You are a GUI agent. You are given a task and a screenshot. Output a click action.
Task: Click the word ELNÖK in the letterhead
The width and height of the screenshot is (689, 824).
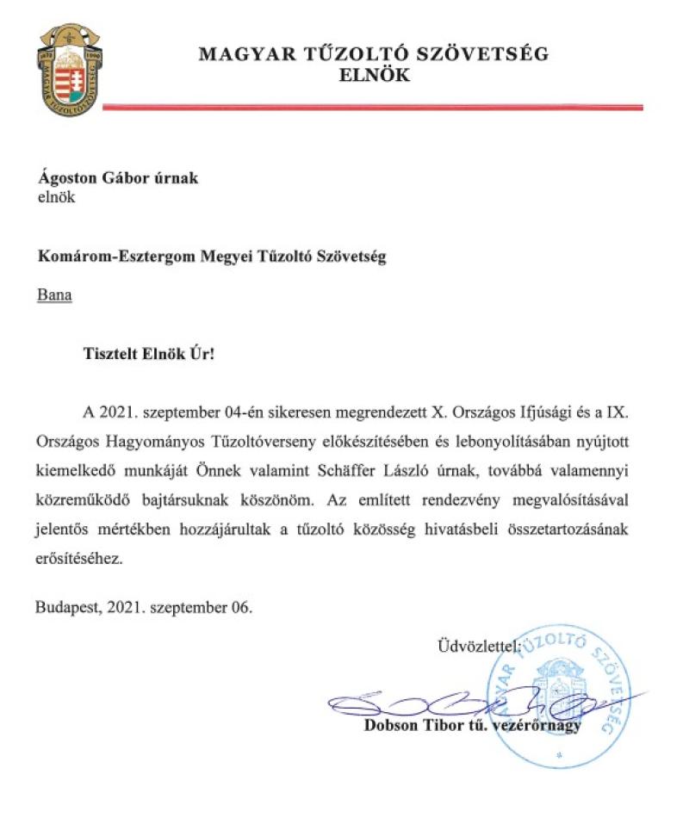[373, 76]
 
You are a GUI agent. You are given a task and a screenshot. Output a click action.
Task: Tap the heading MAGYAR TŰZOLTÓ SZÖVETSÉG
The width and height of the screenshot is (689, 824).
[373, 54]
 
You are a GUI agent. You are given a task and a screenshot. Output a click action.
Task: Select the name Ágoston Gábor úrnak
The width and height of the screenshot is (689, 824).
[117, 178]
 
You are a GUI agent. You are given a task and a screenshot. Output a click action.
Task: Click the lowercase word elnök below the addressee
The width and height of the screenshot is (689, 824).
[55, 196]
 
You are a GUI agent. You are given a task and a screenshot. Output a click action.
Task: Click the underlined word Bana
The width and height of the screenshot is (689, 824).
[54, 295]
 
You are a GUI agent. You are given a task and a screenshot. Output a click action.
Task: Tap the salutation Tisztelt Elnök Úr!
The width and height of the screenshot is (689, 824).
[147, 354]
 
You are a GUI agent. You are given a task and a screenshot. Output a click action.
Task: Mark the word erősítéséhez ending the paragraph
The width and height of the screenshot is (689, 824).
[82, 557]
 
